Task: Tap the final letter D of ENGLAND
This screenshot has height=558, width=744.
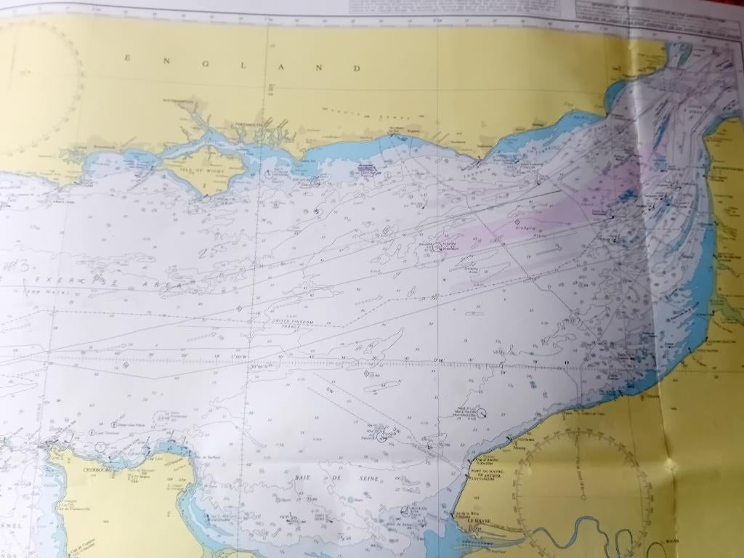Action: click(x=357, y=68)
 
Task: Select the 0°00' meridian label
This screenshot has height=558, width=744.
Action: click(x=438, y=360)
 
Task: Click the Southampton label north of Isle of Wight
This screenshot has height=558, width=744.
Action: click(x=177, y=100)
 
